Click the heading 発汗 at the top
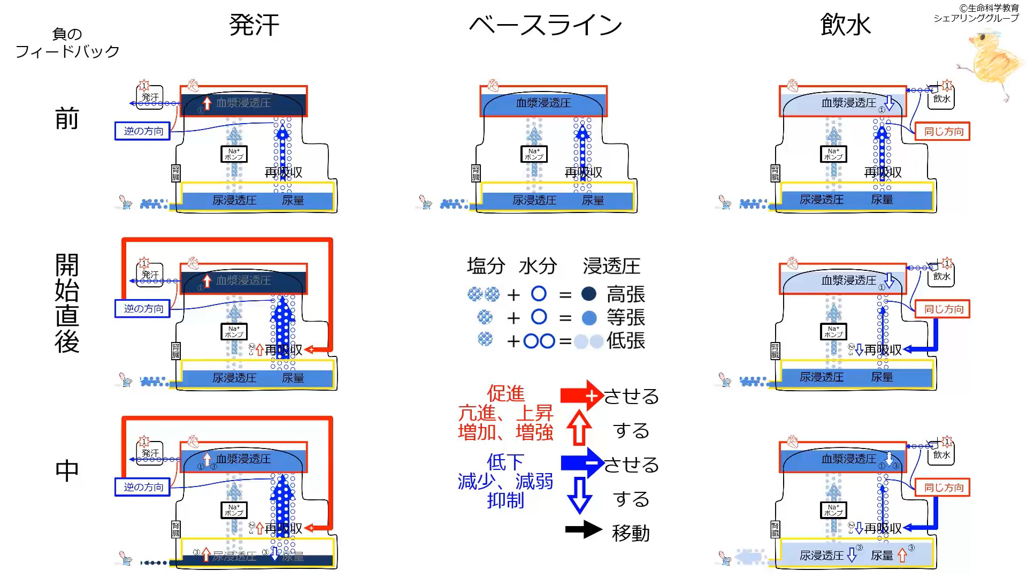(x=254, y=25)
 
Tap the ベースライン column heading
(x=546, y=25)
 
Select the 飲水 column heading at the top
(x=846, y=25)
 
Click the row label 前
(x=67, y=118)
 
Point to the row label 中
(x=67, y=471)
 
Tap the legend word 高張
(x=626, y=294)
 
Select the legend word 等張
(x=626, y=318)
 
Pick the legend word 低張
(x=626, y=341)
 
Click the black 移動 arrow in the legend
(x=584, y=530)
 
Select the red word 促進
(x=505, y=394)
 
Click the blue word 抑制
(x=505, y=501)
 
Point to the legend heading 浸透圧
(x=611, y=266)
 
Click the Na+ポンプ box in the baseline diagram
(x=534, y=154)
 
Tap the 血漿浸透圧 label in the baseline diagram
(x=543, y=103)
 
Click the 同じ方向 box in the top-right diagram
(x=944, y=132)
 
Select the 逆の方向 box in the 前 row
(x=143, y=131)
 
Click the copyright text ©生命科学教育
(x=989, y=8)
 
